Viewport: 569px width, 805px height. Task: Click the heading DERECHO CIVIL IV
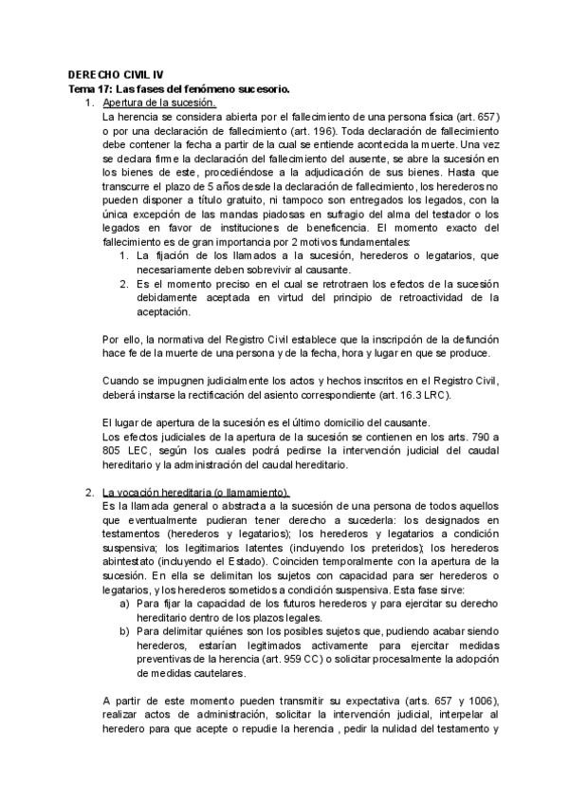pyautogui.click(x=110, y=74)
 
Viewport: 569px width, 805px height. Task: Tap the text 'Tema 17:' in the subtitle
pyautogui.click(x=90, y=87)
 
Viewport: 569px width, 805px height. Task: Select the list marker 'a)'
pyautogui.click(x=124, y=605)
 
